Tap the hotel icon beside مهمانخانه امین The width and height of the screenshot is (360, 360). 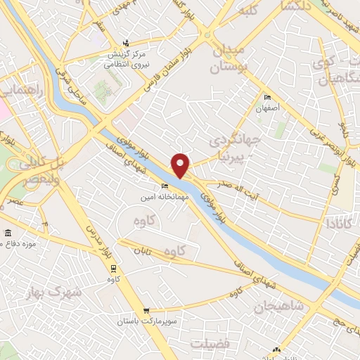[165, 186]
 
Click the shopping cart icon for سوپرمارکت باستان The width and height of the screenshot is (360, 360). [146, 310]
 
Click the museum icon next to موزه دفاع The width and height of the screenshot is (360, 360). [8, 233]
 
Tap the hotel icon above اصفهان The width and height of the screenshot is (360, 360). [266, 98]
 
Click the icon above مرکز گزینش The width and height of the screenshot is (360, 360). [126, 42]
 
